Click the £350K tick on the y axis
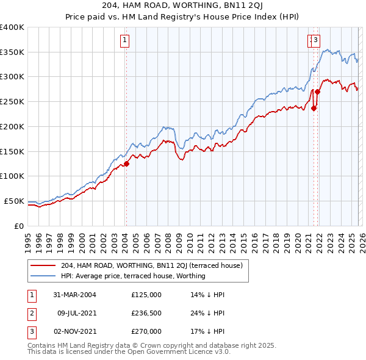tap(12, 52)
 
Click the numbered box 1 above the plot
tap(124, 41)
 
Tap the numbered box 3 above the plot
tap(316, 41)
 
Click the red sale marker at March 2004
tap(127, 164)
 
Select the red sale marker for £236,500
tap(314, 109)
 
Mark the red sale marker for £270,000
tap(317, 92)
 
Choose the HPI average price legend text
tap(133, 276)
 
